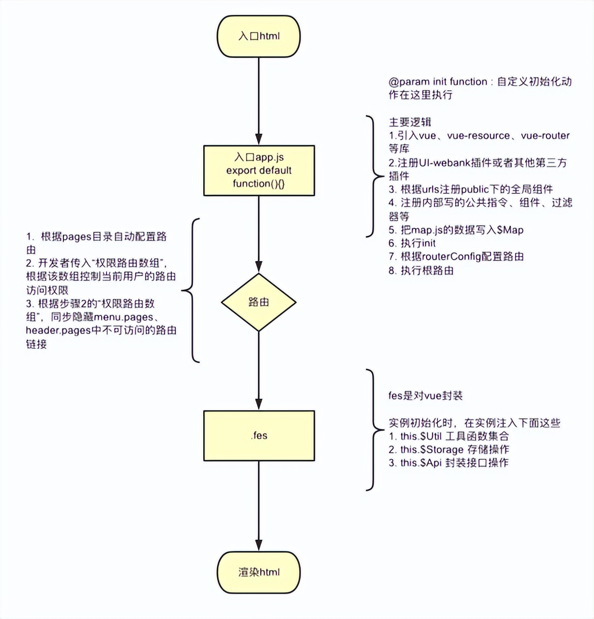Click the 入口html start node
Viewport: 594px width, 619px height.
click(259, 36)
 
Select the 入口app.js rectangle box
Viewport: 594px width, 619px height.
click(259, 171)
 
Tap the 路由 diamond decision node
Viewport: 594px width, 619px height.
click(259, 302)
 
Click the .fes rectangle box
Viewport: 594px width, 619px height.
click(259, 436)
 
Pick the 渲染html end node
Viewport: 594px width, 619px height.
click(259, 572)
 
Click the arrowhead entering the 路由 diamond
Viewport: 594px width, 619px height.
click(259, 267)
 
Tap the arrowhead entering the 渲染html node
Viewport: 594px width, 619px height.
click(259, 545)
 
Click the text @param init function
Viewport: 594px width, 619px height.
click(437, 82)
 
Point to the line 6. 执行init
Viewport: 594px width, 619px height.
click(412, 243)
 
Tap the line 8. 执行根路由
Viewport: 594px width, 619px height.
click(421, 270)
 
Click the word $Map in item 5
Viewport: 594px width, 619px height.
click(510, 230)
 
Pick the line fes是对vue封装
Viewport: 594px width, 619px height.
click(425, 396)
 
